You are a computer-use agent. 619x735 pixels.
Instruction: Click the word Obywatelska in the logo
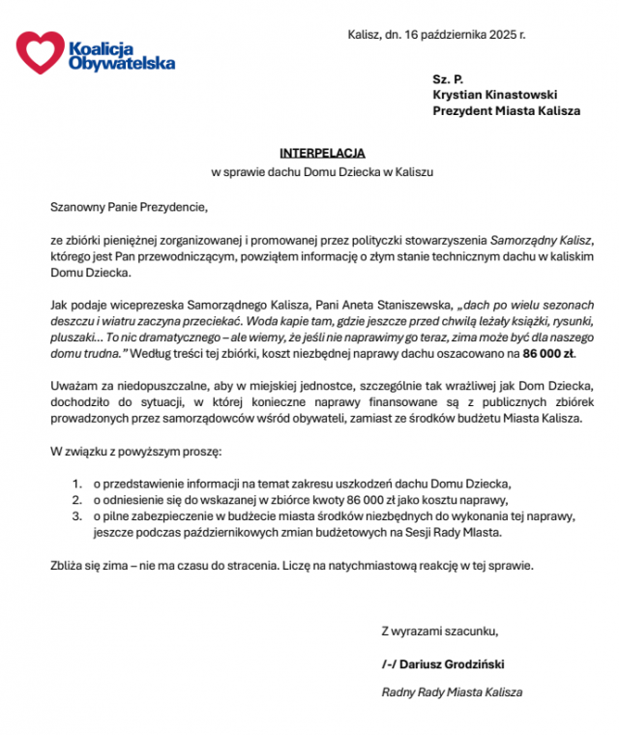(x=123, y=63)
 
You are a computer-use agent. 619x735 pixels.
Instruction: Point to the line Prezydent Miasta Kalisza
(x=506, y=111)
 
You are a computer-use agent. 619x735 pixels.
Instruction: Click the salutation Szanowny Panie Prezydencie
(x=130, y=205)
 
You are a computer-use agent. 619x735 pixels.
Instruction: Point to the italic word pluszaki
(x=74, y=338)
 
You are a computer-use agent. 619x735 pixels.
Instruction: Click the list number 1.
(x=77, y=482)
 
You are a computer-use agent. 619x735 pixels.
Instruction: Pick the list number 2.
(x=77, y=499)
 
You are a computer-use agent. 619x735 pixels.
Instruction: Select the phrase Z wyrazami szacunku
(x=441, y=632)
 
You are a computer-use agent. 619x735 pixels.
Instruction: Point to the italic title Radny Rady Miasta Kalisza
(x=452, y=692)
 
